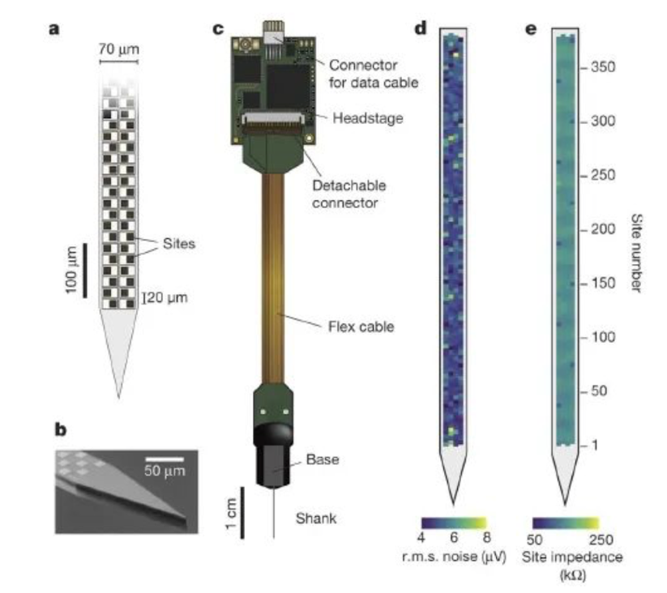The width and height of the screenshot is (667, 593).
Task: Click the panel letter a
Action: (x=54, y=29)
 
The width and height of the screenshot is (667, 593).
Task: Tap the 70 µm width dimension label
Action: (x=118, y=49)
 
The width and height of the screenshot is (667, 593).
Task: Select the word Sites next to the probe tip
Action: (x=178, y=244)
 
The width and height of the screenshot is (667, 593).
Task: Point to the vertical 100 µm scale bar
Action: (x=85, y=271)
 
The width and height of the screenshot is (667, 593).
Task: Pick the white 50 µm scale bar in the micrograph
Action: (x=165, y=459)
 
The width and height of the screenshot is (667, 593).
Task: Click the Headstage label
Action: (x=367, y=118)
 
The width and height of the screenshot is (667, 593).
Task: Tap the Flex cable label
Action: (x=361, y=326)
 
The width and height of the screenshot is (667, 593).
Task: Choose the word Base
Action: (x=323, y=459)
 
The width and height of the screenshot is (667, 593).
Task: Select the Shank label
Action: (x=316, y=518)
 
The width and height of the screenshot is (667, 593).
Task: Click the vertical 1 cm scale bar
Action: (x=242, y=513)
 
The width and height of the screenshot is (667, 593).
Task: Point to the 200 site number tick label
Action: (x=603, y=229)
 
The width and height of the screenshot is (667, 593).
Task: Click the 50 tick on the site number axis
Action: (x=598, y=391)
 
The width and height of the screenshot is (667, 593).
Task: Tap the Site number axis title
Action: (x=636, y=253)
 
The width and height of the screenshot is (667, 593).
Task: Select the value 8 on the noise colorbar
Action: (x=486, y=537)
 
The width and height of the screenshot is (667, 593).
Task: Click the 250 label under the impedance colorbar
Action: (x=601, y=540)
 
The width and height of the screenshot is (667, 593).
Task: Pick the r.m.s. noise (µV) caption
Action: (x=454, y=557)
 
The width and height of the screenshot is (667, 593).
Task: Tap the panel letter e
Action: (x=531, y=29)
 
